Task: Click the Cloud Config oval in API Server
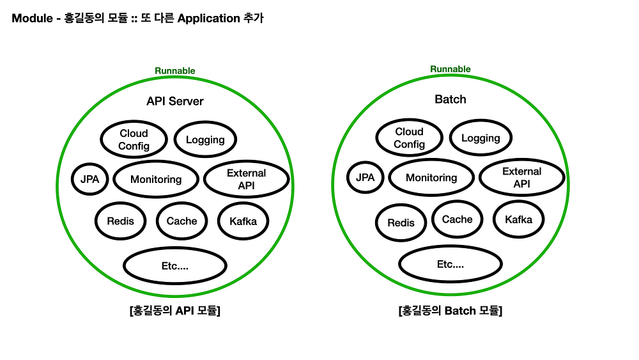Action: click(x=134, y=139)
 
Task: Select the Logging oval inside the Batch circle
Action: click(x=481, y=138)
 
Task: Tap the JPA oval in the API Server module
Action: click(x=90, y=179)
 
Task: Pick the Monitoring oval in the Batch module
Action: click(x=431, y=178)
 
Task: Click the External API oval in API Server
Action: click(x=246, y=180)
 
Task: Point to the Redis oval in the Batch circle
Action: click(x=401, y=223)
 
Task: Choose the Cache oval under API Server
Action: click(x=181, y=221)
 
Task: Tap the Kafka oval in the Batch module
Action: click(x=518, y=219)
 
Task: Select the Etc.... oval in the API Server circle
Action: click(x=174, y=266)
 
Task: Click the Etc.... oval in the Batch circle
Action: click(x=450, y=264)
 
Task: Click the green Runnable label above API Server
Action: click(x=174, y=71)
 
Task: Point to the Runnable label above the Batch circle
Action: click(x=450, y=69)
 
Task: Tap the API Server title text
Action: click(x=174, y=101)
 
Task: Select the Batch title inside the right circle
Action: click(x=450, y=99)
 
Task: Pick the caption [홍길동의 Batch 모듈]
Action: click(x=450, y=311)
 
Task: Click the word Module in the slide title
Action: click(x=32, y=19)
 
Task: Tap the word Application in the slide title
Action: click(x=208, y=19)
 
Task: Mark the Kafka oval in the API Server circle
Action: click(x=243, y=221)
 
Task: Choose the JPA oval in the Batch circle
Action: click(x=365, y=178)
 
